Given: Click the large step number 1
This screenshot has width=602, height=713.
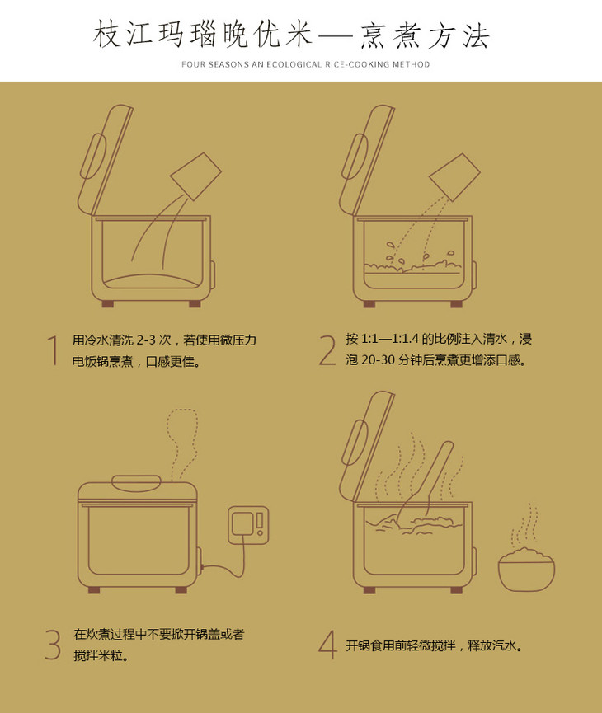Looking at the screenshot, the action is tap(54, 350).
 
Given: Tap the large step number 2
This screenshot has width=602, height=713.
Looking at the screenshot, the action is tap(327, 349).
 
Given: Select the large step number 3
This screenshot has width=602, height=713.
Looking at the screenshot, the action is tap(53, 645).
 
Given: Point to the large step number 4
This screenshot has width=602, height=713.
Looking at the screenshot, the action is tap(327, 645).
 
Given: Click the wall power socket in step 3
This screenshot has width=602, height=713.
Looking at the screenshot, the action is tap(248, 525).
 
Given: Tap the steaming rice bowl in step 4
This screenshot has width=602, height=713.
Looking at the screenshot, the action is tap(526, 570).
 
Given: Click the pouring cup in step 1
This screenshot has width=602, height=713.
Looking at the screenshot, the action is tap(195, 176).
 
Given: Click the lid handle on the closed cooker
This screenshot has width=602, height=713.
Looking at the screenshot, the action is tap(136, 483).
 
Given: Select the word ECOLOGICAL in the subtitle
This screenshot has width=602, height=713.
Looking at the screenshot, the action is tap(294, 64).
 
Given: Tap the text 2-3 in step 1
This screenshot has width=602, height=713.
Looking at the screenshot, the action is tap(146, 340).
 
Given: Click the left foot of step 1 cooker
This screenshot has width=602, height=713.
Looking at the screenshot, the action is tap(108, 304).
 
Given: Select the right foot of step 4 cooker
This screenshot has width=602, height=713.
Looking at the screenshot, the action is tap(456, 590).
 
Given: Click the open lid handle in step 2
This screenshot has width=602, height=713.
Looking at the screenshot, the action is tap(355, 157).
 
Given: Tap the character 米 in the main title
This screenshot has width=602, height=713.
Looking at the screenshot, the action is tap(299, 35).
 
